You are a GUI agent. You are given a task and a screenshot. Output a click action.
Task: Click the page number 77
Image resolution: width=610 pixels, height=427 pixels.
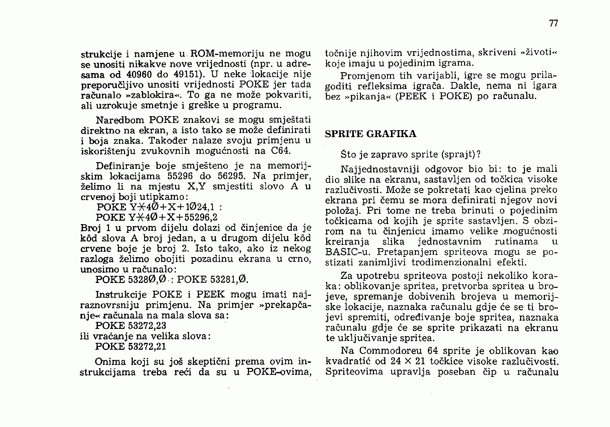coord(554,23)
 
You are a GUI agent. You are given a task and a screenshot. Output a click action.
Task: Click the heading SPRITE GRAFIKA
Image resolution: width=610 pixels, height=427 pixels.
coord(371,134)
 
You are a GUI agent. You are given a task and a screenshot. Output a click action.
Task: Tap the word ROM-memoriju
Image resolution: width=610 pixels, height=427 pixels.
coord(228,54)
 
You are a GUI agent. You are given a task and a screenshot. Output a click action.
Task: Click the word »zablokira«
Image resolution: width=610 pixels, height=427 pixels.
coord(154,95)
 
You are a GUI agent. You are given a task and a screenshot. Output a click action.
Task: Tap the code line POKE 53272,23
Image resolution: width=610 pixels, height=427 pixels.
coord(131,326)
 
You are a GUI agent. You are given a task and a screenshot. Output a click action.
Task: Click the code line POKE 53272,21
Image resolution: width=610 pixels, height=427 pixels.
coord(131,346)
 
